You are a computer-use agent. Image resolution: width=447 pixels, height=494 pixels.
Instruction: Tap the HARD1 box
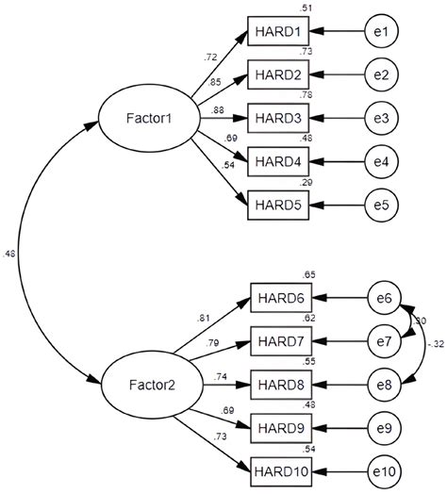coord(277,33)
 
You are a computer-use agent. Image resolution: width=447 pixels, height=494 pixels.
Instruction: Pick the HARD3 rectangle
coord(277,119)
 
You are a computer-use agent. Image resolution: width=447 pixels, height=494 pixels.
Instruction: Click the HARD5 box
coord(277,204)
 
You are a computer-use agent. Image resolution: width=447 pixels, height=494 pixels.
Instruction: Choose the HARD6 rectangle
coord(277,300)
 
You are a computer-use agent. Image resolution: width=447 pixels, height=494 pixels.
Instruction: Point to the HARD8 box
coord(277,385)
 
